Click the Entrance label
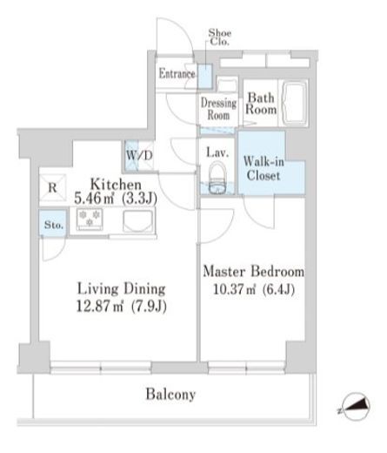[x=177, y=73]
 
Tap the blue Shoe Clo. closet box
[x=205, y=77]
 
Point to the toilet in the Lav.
[x=217, y=179]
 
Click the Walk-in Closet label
[x=264, y=168]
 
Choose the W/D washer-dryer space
[x=139, y=156]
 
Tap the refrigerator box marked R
[x=52, y=187]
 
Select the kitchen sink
[x=138, y=221]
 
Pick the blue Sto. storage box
[x=53, y=223]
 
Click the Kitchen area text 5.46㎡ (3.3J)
[x=116, y=199]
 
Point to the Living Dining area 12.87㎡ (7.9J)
[x=122, y=306]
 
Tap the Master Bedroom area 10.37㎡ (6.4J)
[x=254, y=289]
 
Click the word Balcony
[x=170, y=395]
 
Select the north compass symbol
[x=356, y=406]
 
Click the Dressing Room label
[x=218, y=109]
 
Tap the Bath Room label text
[x=261, y=104]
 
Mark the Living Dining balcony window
[x=101, y=368]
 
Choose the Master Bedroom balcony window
[x=247, y=368]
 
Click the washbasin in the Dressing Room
[x=227, y=85]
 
